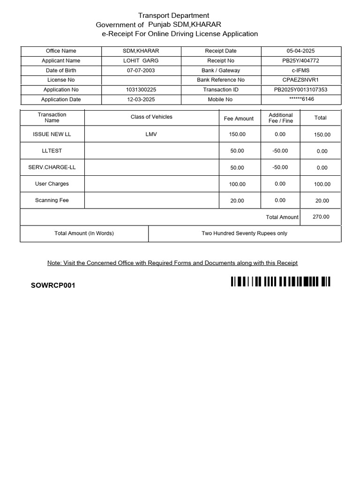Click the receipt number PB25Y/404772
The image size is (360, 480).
click(x=300, y=60)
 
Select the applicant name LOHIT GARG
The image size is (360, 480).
click(x=141, y=60)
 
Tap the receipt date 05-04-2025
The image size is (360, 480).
click(x=300, y=51)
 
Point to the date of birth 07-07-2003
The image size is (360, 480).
click(x=141, y=70)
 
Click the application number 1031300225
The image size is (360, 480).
click(x=141, y=90)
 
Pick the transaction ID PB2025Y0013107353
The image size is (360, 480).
click(x=300, y=90)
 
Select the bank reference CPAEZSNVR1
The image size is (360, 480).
click(x=300, y=80)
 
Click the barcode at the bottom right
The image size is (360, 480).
click(x=280, y=281)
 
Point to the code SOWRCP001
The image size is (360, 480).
click(x=53, y=285)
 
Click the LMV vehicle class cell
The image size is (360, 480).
click(x=151, y=134)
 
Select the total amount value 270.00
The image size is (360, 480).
click(x=321, y=217)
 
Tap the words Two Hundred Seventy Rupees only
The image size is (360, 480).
click(x=244, y=233)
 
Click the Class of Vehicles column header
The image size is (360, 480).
click(x=151, y=117)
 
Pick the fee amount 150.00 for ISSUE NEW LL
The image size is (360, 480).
click(x=237, y=135)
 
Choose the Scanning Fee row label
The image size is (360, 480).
click(x=52, y=200)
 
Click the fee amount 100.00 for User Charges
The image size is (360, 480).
click(x=237, y=184)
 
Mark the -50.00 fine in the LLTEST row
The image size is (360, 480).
click(x=280, y=151)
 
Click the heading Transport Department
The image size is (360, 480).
click(x=173, y=15)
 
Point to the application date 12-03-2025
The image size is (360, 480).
click(x=141, y=99)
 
